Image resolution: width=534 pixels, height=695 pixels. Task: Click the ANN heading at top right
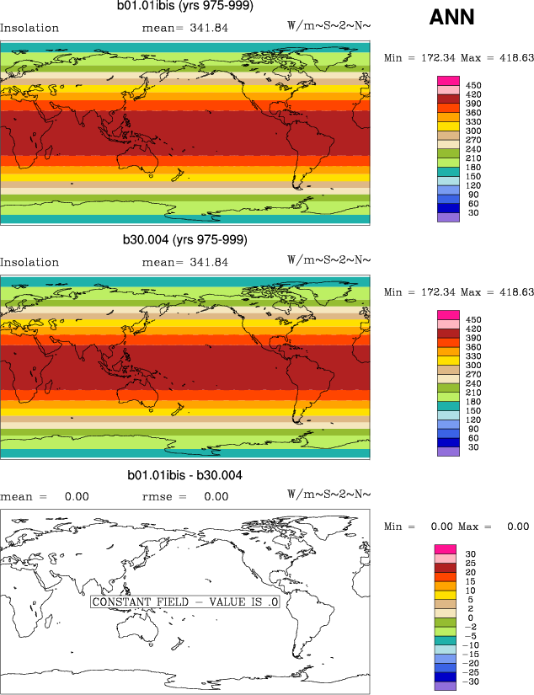[x=451, y=17]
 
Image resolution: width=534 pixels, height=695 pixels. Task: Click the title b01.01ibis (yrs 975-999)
[x=185, y=7]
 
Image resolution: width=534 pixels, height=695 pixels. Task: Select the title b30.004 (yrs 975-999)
[x=185, y=240]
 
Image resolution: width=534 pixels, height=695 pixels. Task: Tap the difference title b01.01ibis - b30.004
[x=185, y=476]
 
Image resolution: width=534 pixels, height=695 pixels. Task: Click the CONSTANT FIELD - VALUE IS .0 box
[x=184, y=602]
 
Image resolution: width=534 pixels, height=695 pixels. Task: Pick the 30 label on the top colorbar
[x=473, y=213]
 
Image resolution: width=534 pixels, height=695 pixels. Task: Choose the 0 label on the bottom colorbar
[x=472, y=617]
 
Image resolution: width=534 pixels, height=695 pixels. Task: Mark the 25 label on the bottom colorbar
[x=473, y=563]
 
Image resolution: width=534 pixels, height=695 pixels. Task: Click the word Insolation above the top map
[x=29, y=28]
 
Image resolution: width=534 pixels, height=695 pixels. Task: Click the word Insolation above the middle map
[x=29, y=262]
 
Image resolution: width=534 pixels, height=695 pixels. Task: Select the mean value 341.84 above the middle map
[x=207, y=262]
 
